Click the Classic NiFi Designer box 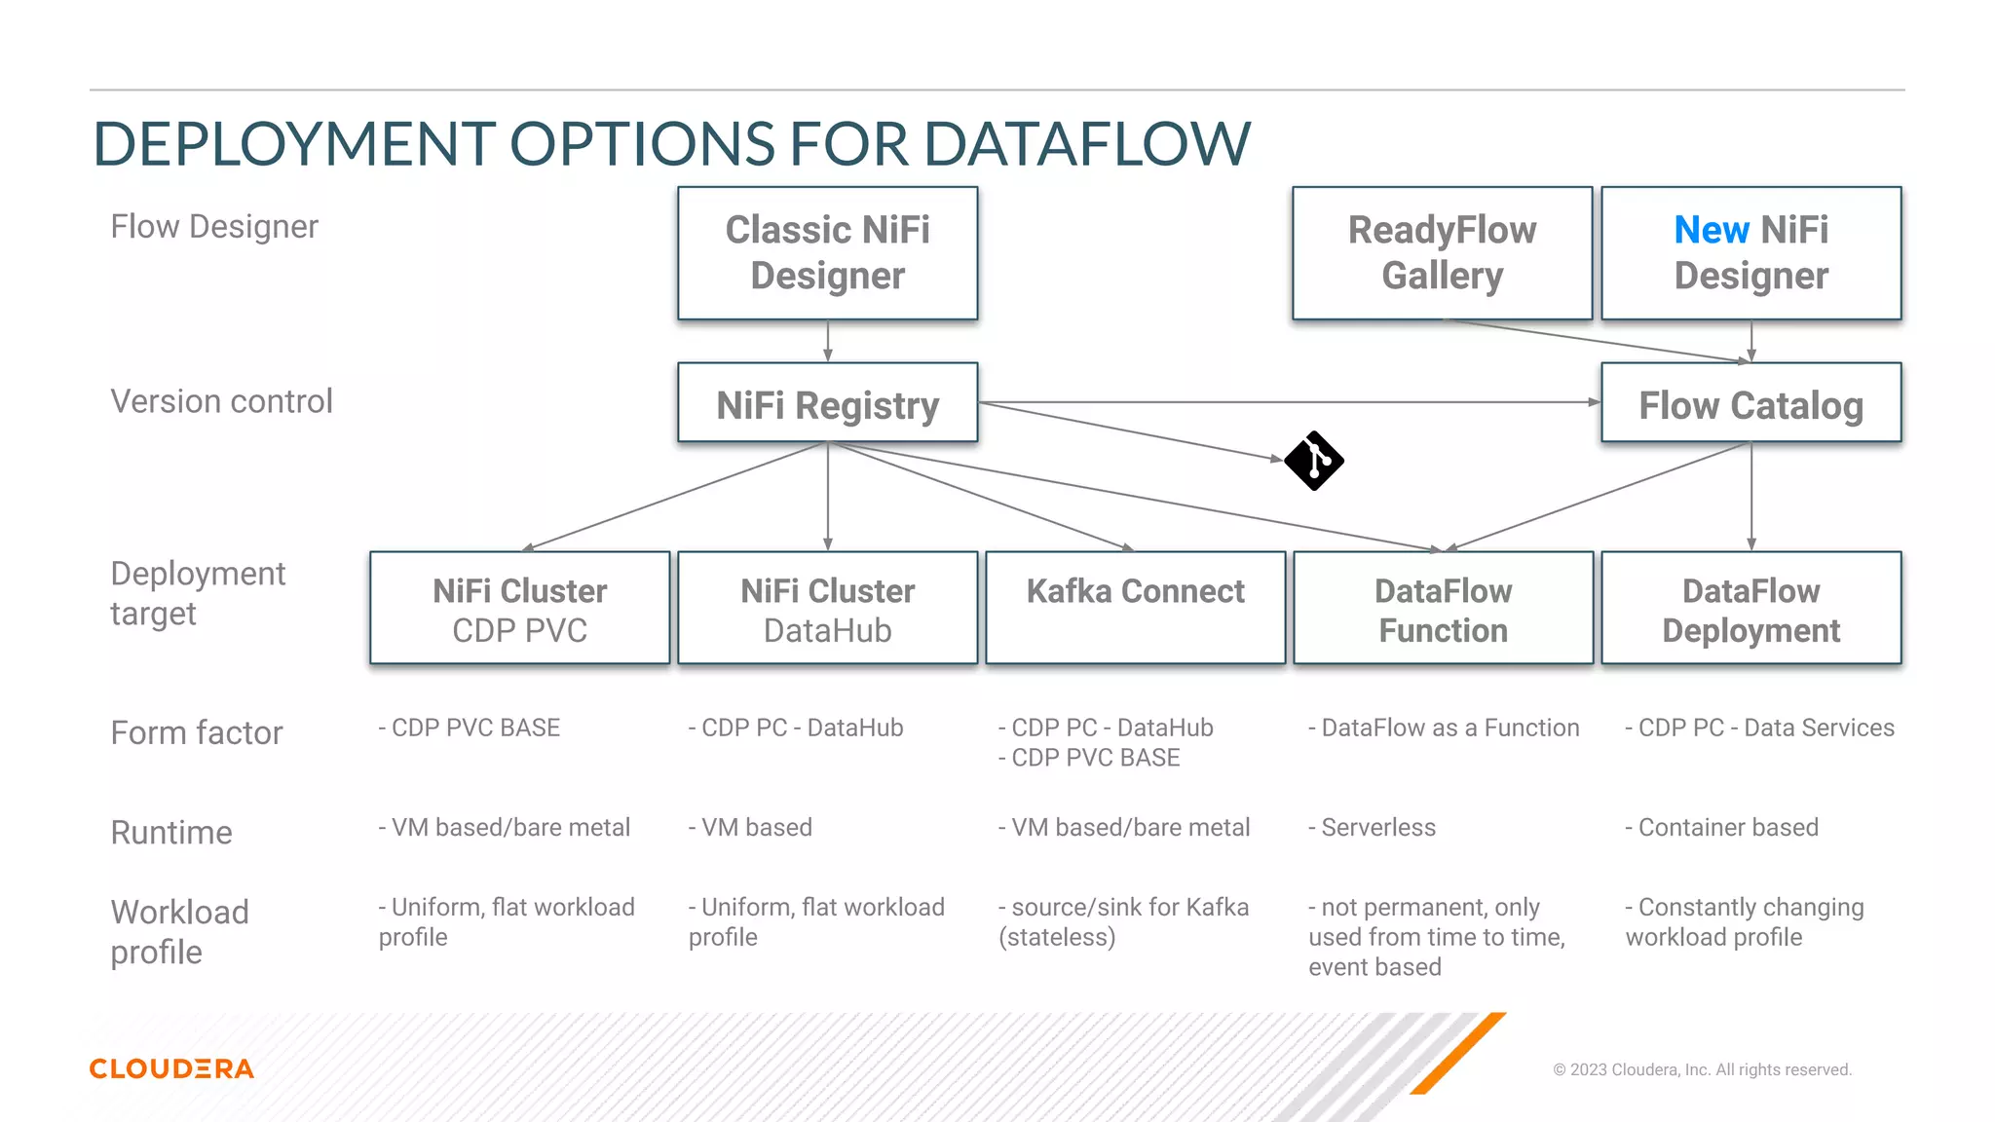[827, 253]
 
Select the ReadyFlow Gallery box [1442, 253]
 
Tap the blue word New [1711, 231]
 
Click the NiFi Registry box [827, 403]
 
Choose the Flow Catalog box [1750, 403]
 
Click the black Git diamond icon [1314, 461]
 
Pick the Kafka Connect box [1135, 607]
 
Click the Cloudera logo [171, 1068]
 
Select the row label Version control [221, 401]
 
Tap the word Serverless [1377, 827]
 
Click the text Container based [1727, 827]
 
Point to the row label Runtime [171, 833]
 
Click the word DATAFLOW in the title [1086, 144]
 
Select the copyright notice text [1701, 1069]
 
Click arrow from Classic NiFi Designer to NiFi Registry [827, 341]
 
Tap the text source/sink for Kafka [1129, 907]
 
